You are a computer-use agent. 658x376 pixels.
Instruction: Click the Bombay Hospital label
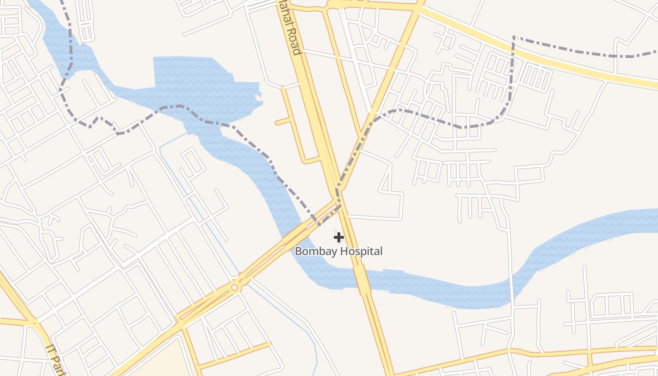tap(338, 251)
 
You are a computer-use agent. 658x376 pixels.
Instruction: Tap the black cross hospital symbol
tap(339, 237)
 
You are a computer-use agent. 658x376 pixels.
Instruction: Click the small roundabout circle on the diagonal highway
tap(235, 287)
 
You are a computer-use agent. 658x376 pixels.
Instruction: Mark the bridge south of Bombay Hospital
tap(361, 279)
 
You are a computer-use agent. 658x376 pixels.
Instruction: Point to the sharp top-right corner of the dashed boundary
tap(514, 37)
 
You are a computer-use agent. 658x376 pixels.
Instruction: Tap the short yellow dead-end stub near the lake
tap(283, 122)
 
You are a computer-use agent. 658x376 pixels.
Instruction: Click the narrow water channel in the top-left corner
tap(52, 28)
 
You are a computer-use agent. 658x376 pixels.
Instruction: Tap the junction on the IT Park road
tap(34, 323)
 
